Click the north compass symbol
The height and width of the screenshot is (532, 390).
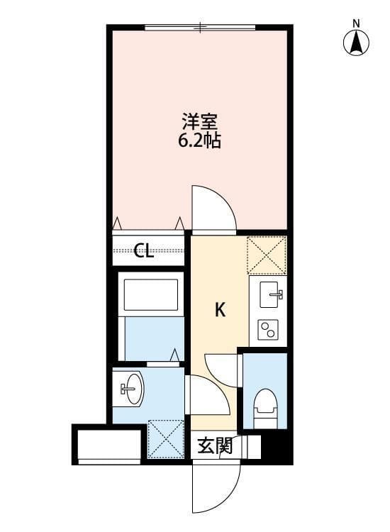357,43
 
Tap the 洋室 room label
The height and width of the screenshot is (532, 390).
199,121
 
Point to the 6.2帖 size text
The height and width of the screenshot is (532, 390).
199,140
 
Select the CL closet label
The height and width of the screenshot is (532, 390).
145,251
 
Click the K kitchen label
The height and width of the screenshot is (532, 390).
221,310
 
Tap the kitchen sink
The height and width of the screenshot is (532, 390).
269,294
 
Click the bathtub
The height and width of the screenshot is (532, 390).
150,296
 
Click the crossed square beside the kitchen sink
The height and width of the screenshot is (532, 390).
266,254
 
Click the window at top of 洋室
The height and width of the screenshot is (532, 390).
199,28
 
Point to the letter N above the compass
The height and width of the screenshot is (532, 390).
357,23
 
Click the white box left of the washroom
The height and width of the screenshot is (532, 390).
108,445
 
